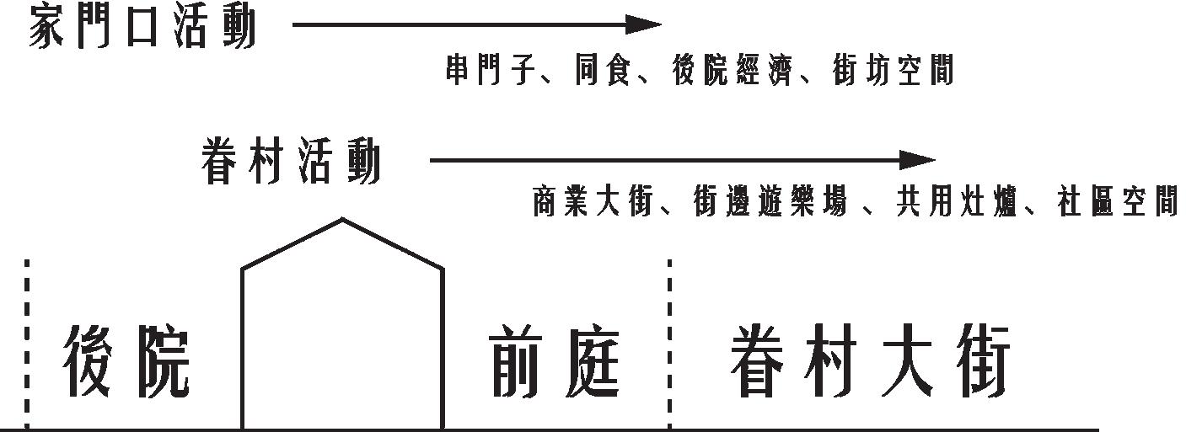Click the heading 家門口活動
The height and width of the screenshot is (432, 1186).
click(x=142, y=25)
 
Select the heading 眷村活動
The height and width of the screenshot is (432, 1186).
click(x=291, y=161)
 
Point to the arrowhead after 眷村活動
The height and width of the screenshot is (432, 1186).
click(x=920, y=159)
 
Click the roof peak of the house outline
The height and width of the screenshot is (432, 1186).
click(x=342, y=220)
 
